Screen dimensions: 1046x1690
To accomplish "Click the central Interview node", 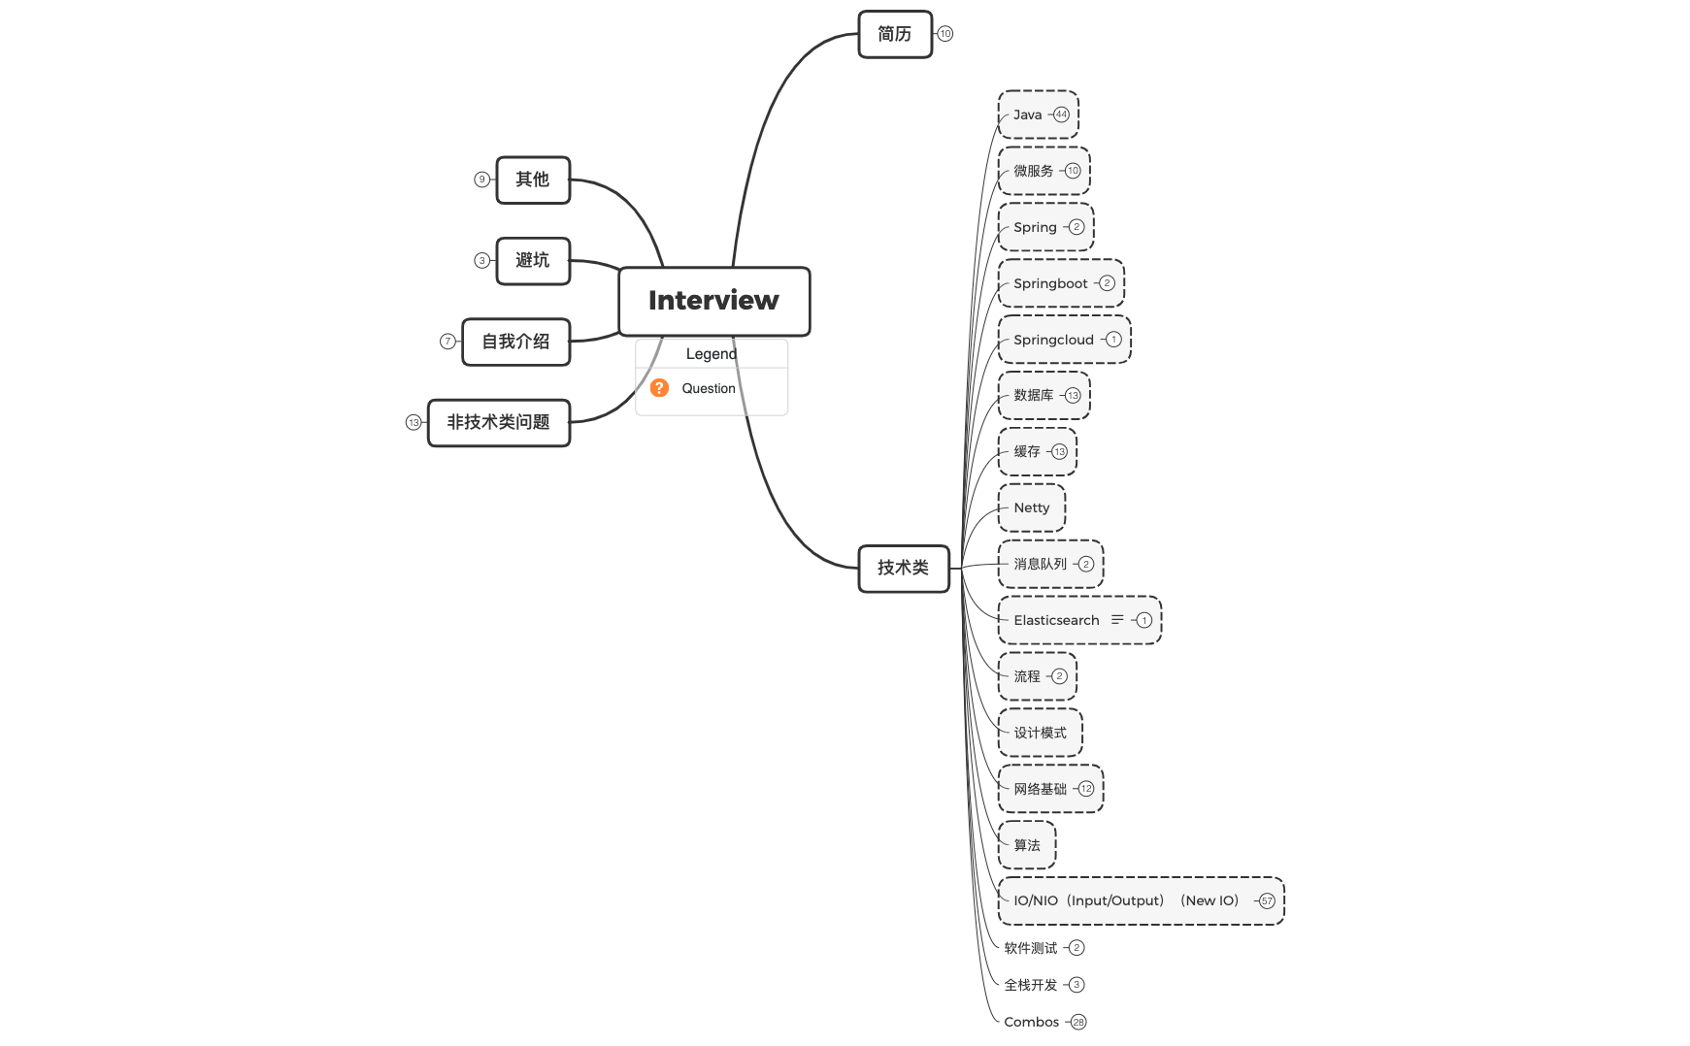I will (713, 301).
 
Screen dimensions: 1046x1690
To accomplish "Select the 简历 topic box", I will (894, 34).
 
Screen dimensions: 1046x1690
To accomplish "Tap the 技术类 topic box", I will (903, 568).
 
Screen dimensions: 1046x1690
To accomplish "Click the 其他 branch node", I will (532, 180).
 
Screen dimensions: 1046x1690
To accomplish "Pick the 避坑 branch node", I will (532, 260).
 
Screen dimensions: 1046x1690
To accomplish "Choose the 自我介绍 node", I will (515, 342).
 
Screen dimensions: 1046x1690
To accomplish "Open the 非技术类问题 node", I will (498, 422).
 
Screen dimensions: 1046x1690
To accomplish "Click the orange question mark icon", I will (659, 388).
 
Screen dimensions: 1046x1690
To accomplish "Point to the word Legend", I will (711, 354).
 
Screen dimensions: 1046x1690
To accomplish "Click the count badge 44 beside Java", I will (1061, 114).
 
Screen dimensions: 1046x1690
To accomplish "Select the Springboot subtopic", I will (1050, 283).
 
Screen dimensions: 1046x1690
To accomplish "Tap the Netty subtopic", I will (1031, 507).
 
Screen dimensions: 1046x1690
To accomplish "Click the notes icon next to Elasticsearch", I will (1117, 619).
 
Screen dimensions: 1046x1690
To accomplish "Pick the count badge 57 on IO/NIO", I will (1266, 901).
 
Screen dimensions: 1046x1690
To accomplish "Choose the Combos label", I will (1031, 1022).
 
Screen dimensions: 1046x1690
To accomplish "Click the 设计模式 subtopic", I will (1040, 733).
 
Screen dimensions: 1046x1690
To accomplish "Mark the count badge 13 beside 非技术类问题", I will (414, 422).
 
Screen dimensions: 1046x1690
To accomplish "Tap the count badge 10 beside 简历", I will (944, 34).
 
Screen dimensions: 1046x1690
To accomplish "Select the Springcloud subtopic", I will (1053, 340).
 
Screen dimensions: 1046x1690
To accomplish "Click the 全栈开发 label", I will (1030, 985).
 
